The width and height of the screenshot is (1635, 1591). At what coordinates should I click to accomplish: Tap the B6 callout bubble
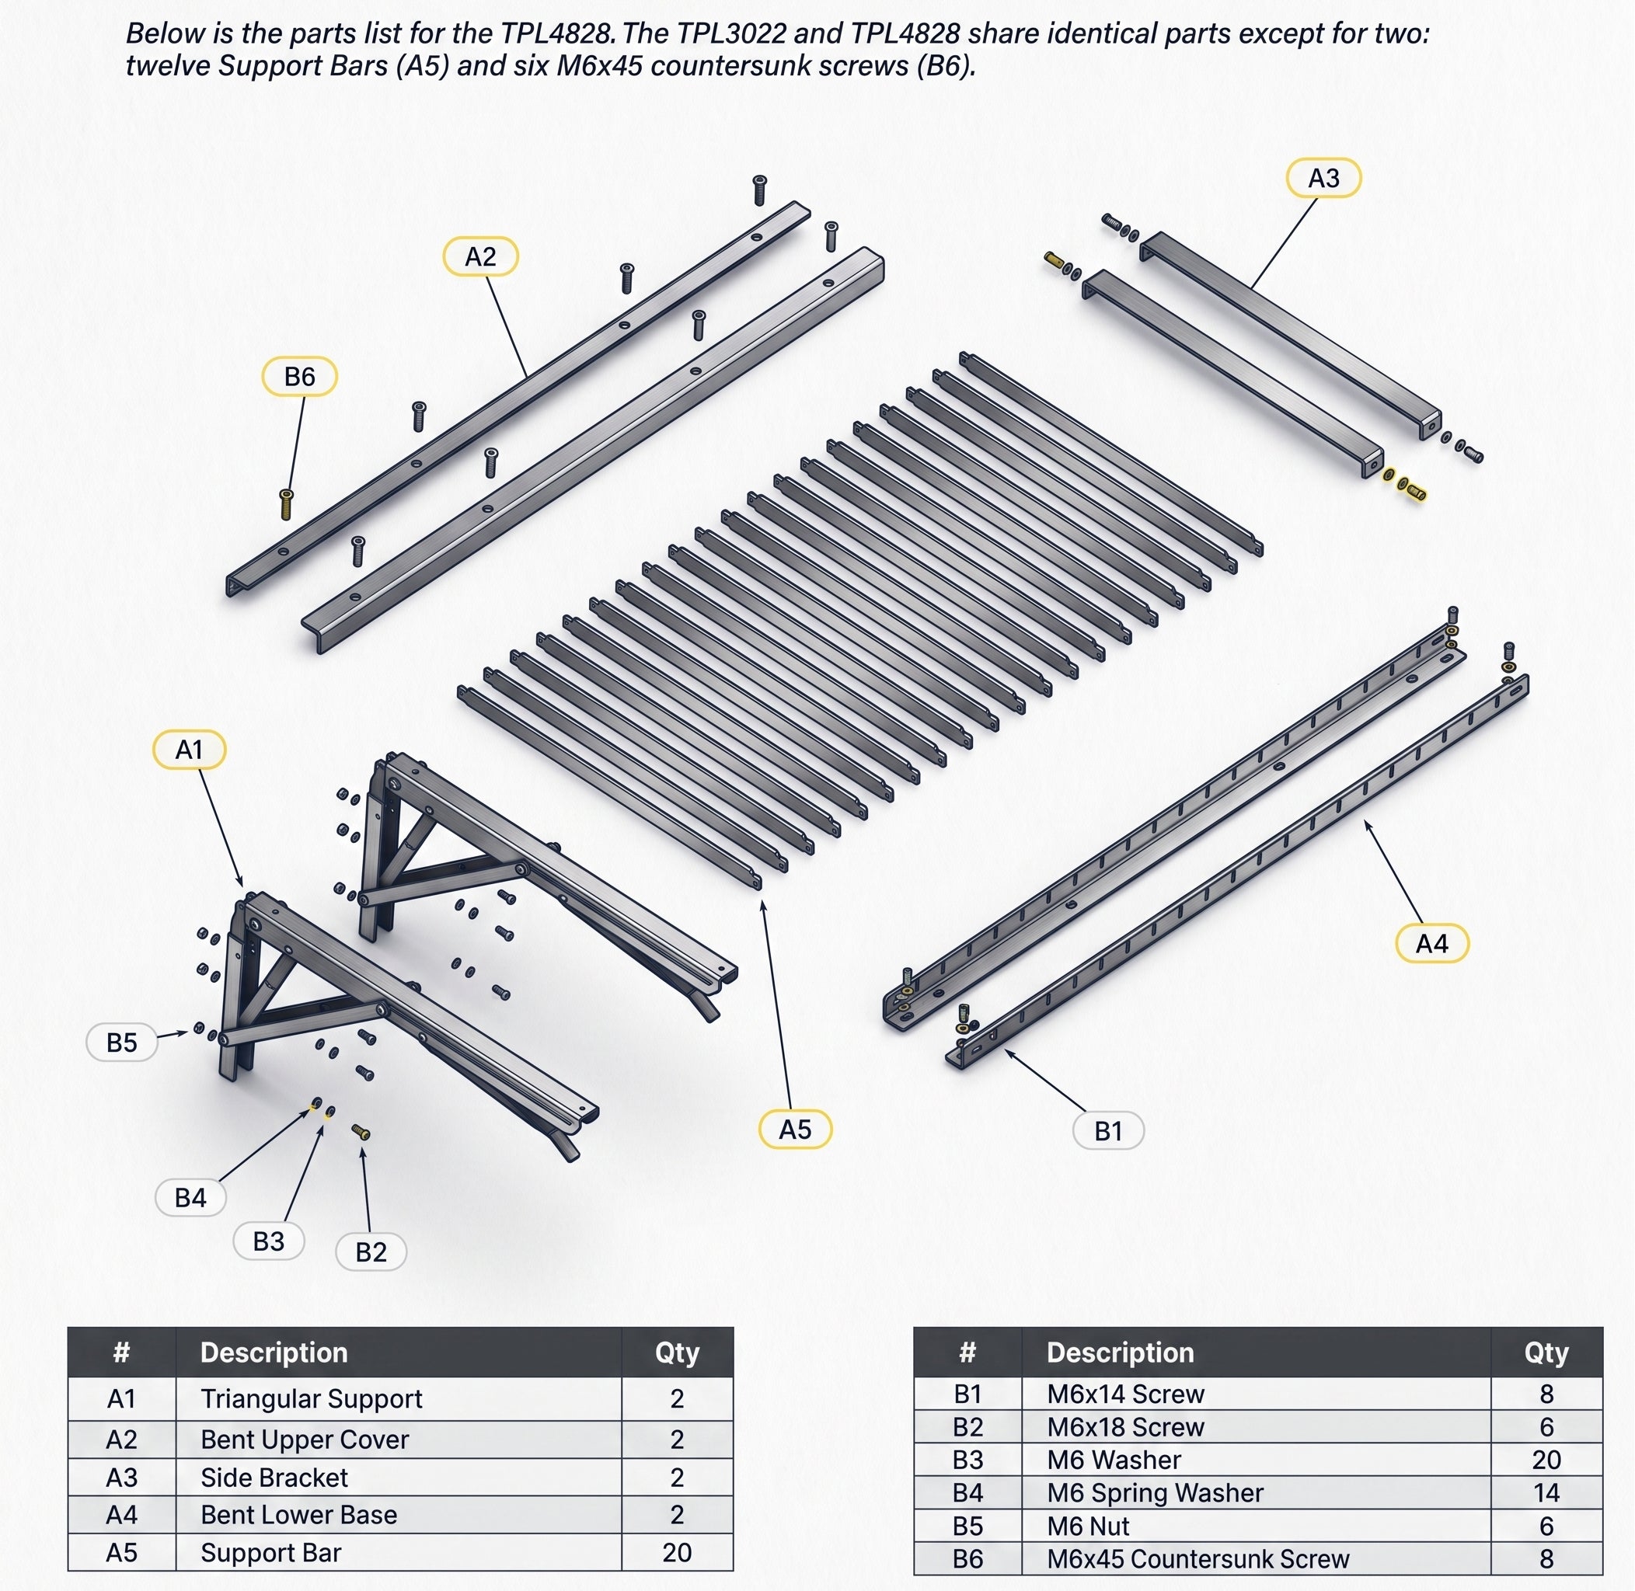299,377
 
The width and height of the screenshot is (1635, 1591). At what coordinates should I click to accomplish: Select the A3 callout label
1323,178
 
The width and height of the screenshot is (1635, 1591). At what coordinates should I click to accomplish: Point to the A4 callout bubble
1432,943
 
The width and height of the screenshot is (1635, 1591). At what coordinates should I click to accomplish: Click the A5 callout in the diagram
795,1130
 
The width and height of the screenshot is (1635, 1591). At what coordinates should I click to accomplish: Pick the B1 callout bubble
1108,1130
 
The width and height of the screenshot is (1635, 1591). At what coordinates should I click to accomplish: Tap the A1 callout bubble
189,750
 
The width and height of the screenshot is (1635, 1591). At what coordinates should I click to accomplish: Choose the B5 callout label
122,1042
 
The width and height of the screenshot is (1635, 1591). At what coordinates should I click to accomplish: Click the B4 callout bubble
190,1197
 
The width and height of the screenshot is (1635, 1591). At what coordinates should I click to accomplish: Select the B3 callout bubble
268,1241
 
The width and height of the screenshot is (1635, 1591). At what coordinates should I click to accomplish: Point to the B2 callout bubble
371,1252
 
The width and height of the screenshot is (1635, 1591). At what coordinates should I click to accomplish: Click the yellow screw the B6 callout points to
286,505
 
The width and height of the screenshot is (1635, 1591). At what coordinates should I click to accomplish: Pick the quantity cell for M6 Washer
1546,1459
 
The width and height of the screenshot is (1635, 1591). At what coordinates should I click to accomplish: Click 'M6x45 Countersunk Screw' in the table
1197,1558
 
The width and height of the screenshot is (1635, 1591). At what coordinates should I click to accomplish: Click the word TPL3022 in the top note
732,33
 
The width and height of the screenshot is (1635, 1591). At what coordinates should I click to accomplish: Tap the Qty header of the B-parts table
1546,1352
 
